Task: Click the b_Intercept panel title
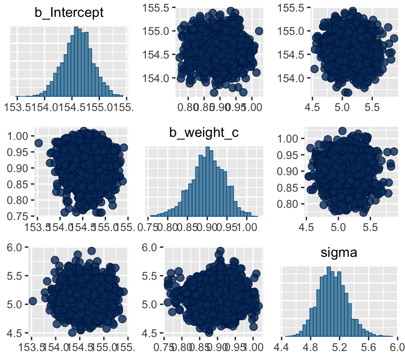(x=69, y=13)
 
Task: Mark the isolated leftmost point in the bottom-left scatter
(x=33, y=301)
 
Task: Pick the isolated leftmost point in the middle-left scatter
(x=38, y=143)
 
